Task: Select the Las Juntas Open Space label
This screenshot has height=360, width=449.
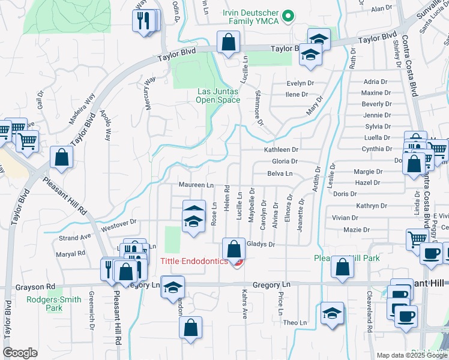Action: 218,95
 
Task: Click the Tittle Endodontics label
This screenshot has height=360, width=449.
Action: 194,261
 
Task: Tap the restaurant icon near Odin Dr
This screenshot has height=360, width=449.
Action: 143,22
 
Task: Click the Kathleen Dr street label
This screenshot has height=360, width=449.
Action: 281,149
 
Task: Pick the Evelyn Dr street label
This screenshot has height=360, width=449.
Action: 300,83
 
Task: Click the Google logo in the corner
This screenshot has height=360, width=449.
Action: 20,352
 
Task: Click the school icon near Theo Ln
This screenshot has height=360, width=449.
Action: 332,314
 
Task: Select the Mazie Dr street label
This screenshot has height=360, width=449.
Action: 357,230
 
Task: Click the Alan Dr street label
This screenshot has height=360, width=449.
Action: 381,9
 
